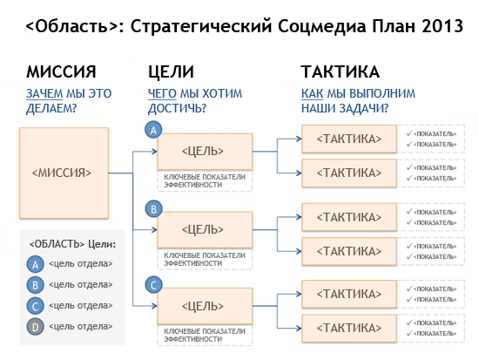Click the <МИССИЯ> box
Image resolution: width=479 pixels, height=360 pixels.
pos(64,173)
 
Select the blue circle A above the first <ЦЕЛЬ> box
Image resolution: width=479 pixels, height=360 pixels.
pos(153,130)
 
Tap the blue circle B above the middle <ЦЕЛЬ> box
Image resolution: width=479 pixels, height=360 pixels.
pos(153,209)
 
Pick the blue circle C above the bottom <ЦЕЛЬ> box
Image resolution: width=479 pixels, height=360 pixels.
pos(153,285)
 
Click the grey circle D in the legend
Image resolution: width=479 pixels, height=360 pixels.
pos(35,327)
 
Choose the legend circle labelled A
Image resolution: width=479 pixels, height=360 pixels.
pos(35,264)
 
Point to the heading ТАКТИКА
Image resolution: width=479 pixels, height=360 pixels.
pos(341,71)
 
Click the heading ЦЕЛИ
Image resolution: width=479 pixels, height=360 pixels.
pos(171,72)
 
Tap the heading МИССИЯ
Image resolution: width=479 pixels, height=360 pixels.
pos(61,71)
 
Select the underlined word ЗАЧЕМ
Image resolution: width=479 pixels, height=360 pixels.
pos(44,93)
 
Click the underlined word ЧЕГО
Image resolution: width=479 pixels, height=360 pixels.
pos(162,93)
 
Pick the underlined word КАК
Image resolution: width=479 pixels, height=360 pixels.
pos(312,93)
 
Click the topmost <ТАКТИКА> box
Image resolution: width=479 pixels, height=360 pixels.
pos(349,139)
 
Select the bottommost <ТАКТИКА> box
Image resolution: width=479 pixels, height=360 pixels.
pos(349,329)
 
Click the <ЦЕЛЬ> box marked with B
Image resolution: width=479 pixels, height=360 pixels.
pos(205,230)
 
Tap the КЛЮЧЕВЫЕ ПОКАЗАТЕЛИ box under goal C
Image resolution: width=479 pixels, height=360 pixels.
pos(205,336)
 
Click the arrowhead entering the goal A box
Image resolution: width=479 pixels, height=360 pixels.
pos(154,152)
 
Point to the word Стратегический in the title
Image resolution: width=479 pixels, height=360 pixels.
pos(201,27)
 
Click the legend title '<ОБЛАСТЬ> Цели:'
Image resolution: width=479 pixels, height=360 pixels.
pos(72,244)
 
